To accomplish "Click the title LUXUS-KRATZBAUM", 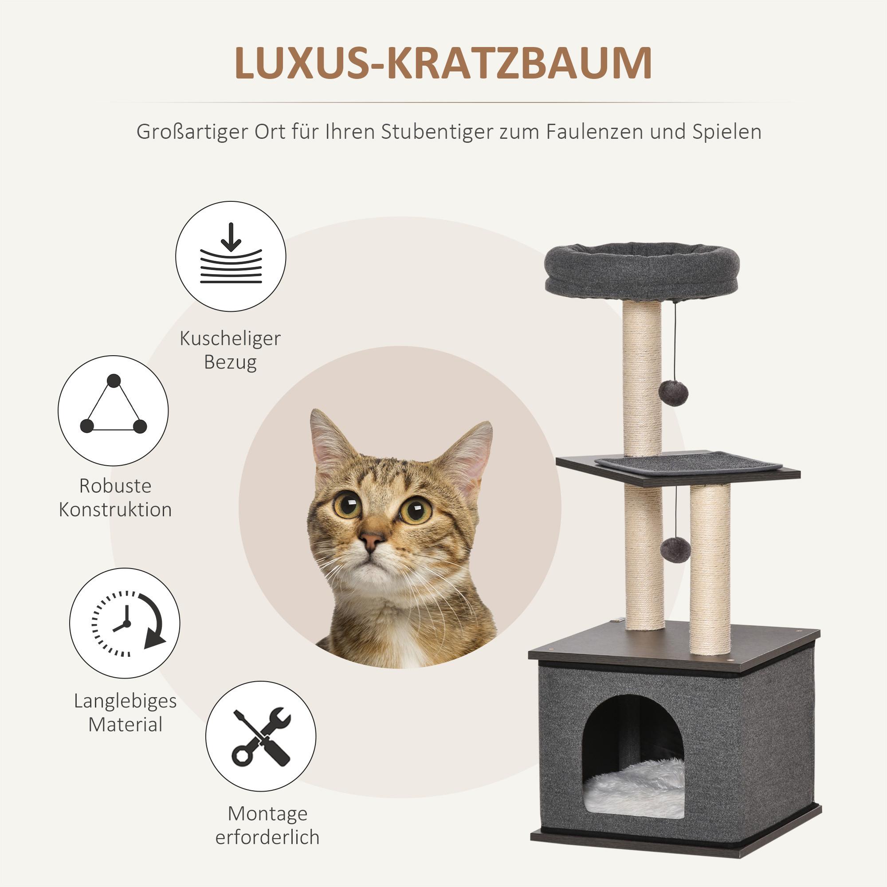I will (x=443, y=63).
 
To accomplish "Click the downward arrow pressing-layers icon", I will (x=231, y=256).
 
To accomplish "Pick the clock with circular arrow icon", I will (x=125, y=623).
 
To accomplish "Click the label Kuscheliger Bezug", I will (x=230, y=350).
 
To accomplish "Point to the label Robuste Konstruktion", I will (x=115, y=498).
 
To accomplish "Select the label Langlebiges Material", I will (x=126, y=713).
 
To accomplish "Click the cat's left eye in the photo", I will (x=347, y=504).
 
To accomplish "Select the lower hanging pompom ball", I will (x=675, y=548).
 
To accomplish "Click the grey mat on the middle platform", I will (x=688, y=461).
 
